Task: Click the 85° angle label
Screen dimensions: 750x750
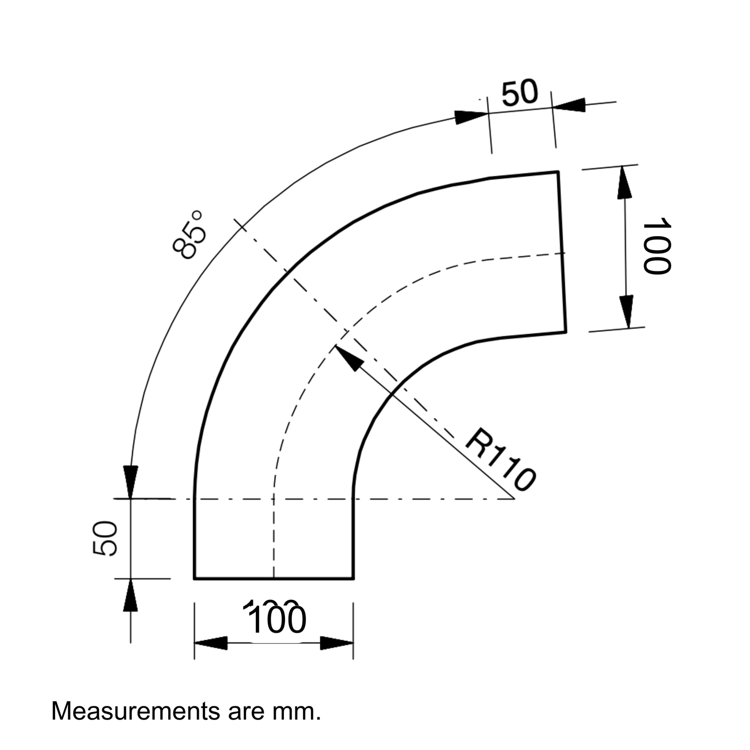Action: (189, 235)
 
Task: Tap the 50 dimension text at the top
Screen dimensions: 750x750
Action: (520, 93)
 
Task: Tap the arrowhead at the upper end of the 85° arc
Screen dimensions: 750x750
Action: (471, 117)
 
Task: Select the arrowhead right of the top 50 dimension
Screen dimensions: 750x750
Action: (569, 105)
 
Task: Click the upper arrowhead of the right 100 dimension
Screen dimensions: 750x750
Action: (625, 183)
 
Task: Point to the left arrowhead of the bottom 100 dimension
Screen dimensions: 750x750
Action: (211, 643)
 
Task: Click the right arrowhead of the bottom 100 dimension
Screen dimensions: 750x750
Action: (337, 643)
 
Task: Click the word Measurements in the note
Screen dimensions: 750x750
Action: (135, 712)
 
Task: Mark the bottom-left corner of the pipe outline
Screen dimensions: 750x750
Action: (194, 579)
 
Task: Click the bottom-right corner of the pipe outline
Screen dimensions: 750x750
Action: (353, 579)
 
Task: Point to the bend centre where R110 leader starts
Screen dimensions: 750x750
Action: (514, 499)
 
